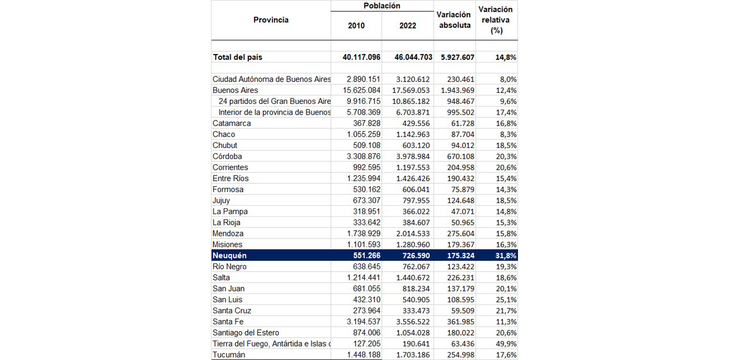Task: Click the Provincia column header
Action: (271, 20)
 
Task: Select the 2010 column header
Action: (356, 25)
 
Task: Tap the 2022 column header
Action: (407, 25)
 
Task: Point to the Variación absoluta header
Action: (455, 20)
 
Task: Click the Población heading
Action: (382, 6)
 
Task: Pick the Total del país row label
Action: (237, 57)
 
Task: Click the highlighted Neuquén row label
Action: (230, 256)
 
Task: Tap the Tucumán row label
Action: (229, 355)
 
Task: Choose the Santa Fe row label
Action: (228, 322)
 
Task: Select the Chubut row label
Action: (225, 145)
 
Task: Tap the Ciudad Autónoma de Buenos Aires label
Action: (271, 79)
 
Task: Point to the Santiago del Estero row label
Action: (246, 333)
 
